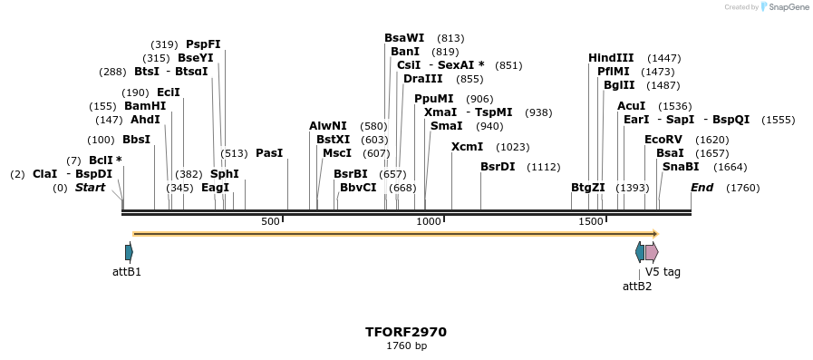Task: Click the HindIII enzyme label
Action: coord(611,58)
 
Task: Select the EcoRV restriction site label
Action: coord(662,140)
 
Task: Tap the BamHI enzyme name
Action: coord(145,106)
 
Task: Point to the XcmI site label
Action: coord(467,147)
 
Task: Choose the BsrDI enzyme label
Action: coord(498,167)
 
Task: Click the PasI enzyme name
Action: coord(269,153)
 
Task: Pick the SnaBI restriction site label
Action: coord(681,167)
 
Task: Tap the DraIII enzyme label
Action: coord(422,79)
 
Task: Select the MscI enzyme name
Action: coord(337,153)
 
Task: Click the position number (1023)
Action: coord(513,147)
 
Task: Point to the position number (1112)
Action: coord(544,167)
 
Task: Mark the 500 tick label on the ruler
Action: coord(270,222)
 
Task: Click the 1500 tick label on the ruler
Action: coord(590,222)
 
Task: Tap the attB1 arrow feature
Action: coord(129,252)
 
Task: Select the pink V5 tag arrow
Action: coord(652,252)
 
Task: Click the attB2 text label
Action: coord(636,287)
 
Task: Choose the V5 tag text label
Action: coord(663,272)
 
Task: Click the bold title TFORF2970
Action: coord(406,332)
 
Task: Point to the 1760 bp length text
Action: coord(406,345)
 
